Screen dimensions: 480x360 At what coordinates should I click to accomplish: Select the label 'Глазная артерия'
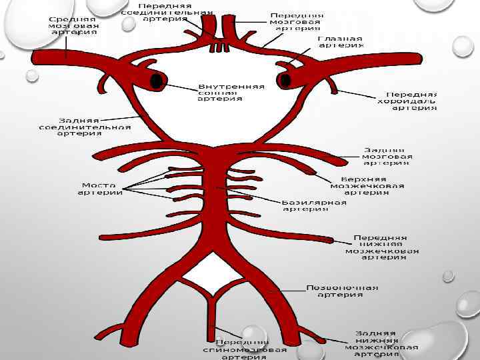(x=340, y=42)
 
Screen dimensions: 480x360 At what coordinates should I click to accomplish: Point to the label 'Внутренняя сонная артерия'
(x=231, y=93)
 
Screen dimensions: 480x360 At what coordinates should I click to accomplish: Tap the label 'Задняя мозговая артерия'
(x=387, y=156)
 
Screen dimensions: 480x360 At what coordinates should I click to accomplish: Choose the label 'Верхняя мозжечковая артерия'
(x=373, y=186)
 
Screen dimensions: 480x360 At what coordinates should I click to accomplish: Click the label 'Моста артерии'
(x=100, y=189)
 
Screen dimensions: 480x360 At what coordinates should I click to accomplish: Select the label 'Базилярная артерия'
(x=313, y=205)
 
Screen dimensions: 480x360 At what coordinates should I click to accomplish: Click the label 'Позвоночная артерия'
(x=341, y=291)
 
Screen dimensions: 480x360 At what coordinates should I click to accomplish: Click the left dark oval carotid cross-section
(x=157, y=81)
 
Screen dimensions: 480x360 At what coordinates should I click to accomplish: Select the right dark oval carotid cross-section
(x=286, y=81)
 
